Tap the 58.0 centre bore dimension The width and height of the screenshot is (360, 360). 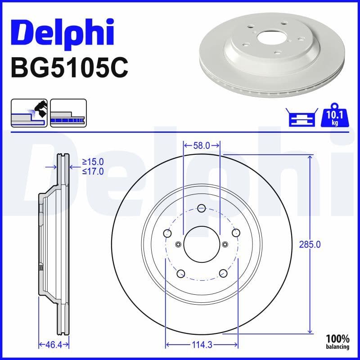[x=202, y=145]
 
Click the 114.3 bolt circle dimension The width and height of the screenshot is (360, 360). [x=201, y=345]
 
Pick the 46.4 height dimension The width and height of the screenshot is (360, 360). [x=53, y=345]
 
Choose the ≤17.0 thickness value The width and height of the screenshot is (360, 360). [x=93, y=171]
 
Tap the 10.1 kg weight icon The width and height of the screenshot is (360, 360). [x=334, y=117]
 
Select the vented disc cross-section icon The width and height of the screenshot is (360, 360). [x=67, y=113]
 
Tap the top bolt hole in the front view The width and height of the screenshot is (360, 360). [x=201, y=208]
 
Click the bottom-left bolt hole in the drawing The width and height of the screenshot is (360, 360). [x=180, y=273]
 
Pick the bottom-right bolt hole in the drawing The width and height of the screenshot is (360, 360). [x=222, y=273]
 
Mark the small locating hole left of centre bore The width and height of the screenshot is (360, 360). [x=178, y=245]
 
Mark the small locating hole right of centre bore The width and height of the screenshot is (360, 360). [x=225, y=245]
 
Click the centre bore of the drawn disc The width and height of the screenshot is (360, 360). [x=201, y=245]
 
